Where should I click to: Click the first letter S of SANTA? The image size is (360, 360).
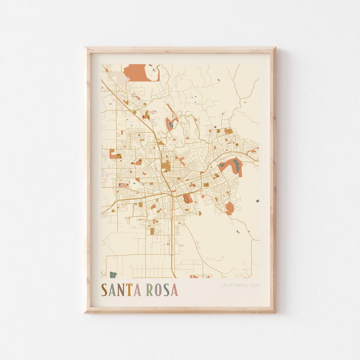[x=104, y=290]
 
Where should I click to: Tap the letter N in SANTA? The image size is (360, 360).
[x=120, y=290]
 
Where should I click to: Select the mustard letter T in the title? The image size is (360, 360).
[x=129, y=290]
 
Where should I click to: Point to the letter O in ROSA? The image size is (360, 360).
[x=158, y=290]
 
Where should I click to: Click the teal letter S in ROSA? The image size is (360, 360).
[x=166, y=290]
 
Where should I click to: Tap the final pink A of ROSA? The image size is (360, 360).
[x=174, y=290]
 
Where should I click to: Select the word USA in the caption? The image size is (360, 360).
[x=254, y=285]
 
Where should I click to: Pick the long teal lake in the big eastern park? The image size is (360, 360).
[x=237, y=165]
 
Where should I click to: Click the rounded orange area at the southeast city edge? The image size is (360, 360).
[x=229, y=208]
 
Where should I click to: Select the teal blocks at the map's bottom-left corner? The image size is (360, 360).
[x=113, y=275]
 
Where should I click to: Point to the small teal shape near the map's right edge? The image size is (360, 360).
[x=257, y=201]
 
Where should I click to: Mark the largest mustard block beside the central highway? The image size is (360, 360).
[x=166, y=166]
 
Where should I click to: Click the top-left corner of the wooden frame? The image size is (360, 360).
[x=85, y=48]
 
